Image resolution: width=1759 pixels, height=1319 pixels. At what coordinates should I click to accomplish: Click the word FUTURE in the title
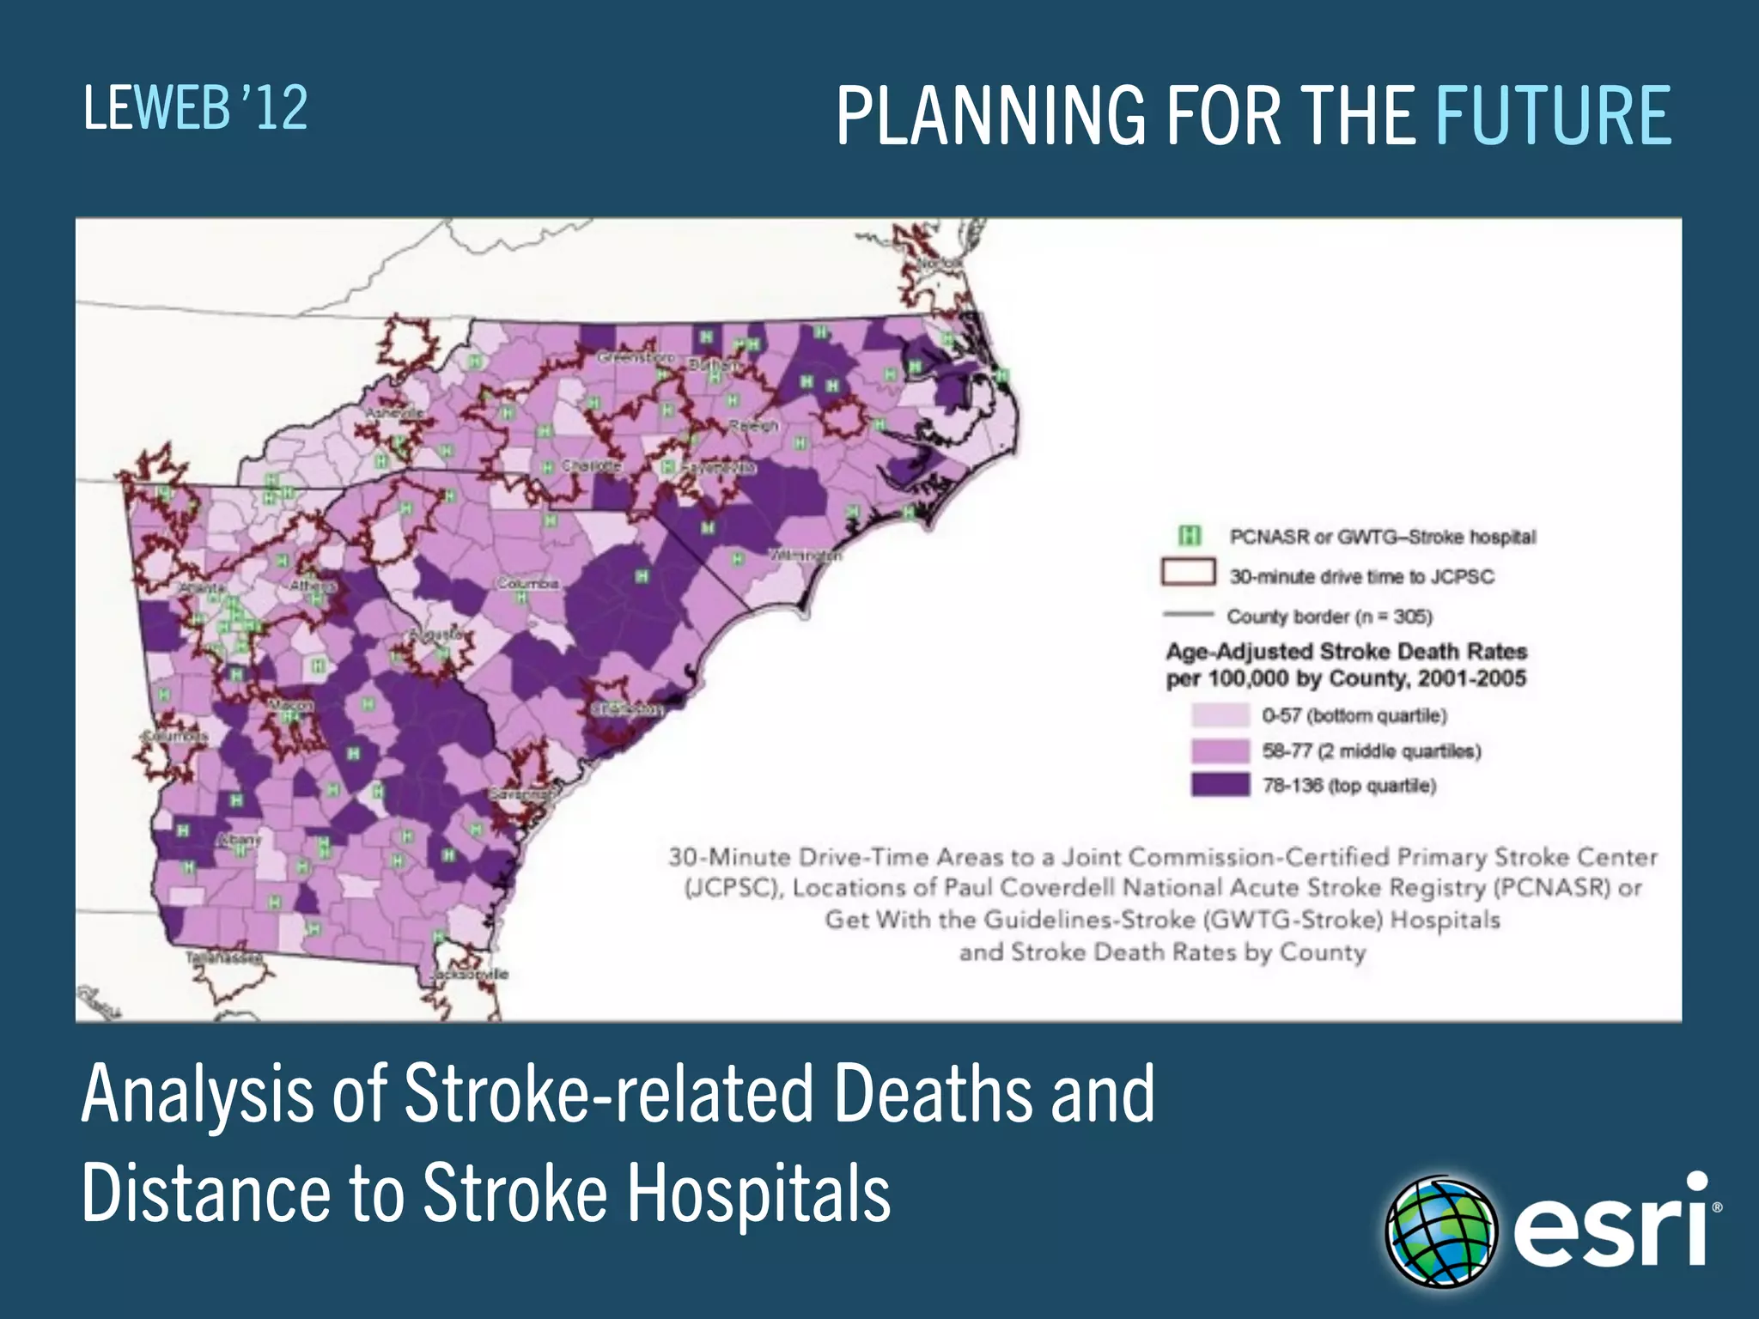pos(1553,116)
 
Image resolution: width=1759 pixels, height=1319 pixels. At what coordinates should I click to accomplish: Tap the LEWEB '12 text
pos(196,108)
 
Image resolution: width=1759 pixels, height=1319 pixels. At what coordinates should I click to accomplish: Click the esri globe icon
pos(1441,1231)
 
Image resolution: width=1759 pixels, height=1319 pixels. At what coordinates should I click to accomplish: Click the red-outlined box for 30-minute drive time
pos(1189,573)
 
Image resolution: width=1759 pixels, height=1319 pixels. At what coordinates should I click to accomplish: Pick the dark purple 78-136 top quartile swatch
pos(1220,785)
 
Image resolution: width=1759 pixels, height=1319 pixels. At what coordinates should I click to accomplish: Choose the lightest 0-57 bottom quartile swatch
pos(1220,714)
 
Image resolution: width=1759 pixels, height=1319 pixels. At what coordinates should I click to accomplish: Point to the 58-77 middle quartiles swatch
pos(1220,751)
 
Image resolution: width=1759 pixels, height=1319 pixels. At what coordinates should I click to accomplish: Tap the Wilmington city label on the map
pos(806,556)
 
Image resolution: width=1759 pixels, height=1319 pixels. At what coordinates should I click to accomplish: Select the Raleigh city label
pos(753,426)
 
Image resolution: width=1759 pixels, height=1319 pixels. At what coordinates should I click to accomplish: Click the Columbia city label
pos(528,584)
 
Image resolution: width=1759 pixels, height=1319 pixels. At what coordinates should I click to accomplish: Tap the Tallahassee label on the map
pos(224,957)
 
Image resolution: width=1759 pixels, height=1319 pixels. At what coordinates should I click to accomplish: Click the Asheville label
pos(395,413)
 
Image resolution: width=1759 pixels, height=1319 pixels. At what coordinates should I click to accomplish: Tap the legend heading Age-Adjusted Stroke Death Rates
pos(1345,651)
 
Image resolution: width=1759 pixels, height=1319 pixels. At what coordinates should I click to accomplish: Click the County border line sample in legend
pos(1189,615)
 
